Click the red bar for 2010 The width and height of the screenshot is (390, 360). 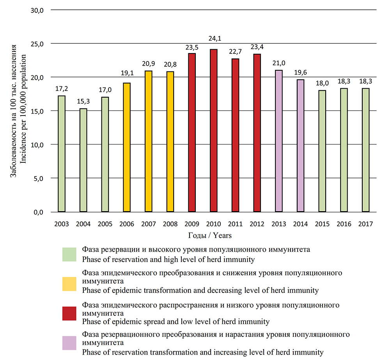pos(214,130)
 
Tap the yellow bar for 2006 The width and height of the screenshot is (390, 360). pos(127,147)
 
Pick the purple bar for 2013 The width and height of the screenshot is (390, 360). pos(279,141)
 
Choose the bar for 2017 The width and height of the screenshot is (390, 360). pos(366,150)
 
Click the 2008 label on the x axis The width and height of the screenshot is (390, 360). pos(170,224)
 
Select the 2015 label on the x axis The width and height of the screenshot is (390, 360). pos(322,224)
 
